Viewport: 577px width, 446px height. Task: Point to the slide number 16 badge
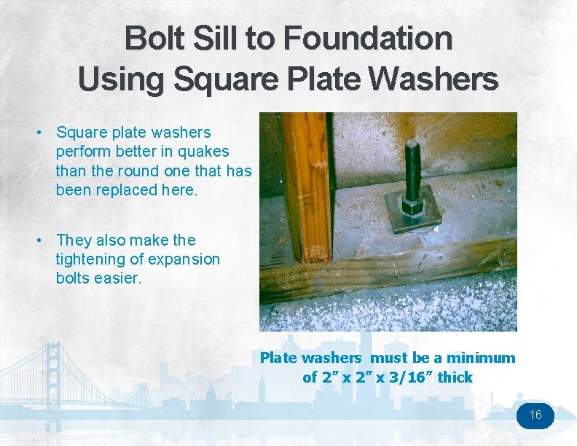click(x=535, y=415)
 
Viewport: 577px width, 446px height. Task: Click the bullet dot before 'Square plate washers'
click(x=43, y=133)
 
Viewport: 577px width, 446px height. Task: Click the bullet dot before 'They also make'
click(x=43, y=240)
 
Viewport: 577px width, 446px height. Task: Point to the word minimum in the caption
click(x=481, y=358)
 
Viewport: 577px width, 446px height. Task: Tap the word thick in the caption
click(x=455, y=377)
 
